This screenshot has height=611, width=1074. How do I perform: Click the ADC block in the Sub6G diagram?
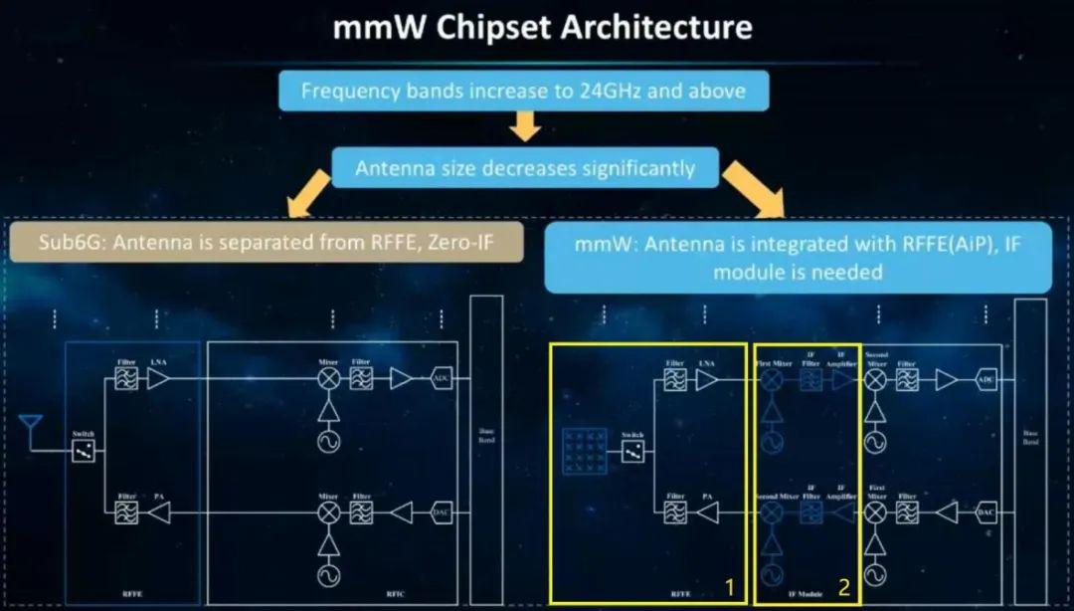(441, 379)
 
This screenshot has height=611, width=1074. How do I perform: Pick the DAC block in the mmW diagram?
(985, 512)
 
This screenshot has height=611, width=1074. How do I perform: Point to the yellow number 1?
(729, 587)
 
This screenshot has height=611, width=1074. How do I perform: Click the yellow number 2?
(842, 587)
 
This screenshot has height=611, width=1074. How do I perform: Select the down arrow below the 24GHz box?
(524, 126)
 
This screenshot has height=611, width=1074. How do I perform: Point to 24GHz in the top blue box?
(611, 92)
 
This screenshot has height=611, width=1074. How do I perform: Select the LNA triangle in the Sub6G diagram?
(158, 379)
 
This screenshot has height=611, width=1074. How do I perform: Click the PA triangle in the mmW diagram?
(707, 512)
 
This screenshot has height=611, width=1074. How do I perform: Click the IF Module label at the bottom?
(805, 593)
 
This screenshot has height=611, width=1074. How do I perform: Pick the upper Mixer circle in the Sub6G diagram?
(327, 379)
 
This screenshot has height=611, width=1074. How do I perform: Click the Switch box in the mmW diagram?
(631, 451)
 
